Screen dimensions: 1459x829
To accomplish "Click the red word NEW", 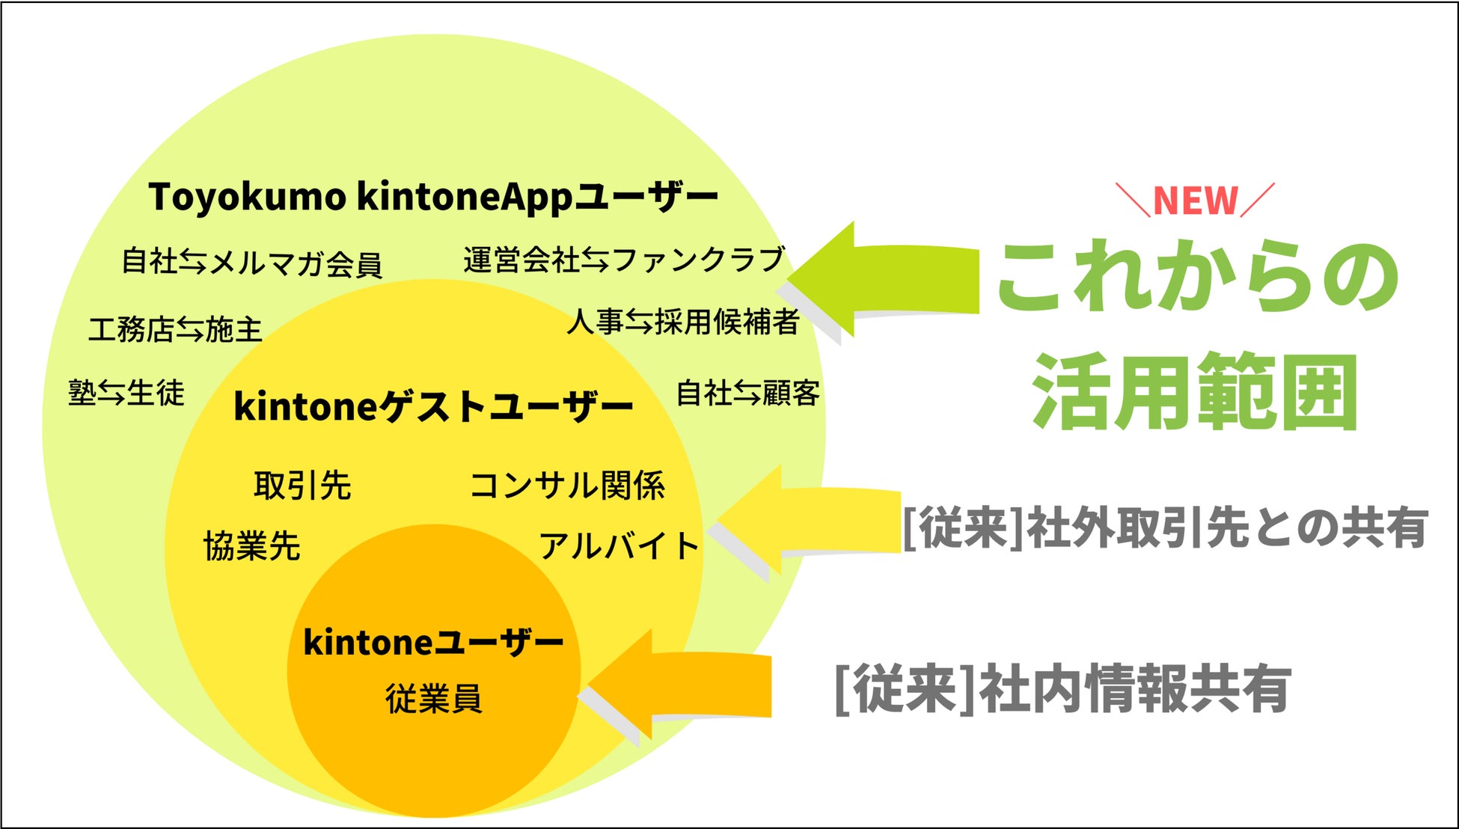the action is (1195, 201).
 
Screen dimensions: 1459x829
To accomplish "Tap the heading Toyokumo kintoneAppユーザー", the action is (433, 198).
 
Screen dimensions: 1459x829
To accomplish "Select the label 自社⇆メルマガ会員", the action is (252, 263).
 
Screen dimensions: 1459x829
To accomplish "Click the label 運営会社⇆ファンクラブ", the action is (624, 260).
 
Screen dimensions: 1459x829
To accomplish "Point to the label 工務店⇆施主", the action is (176, 329).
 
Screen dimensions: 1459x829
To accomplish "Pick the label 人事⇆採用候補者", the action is (683, 322).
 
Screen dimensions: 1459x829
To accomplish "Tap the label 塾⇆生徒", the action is (126, 393).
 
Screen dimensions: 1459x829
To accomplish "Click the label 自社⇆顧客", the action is (747, 393).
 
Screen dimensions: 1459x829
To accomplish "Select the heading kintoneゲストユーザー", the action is (433, 407).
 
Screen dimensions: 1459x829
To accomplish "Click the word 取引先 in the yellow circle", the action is (302, 485).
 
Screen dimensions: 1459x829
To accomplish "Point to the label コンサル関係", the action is (567, 485).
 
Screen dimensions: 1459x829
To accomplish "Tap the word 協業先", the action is (252, 546).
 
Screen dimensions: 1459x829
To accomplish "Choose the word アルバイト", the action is (620, 546).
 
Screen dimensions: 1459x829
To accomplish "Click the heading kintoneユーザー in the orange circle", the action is (433, 642).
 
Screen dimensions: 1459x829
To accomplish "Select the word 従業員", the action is (433, 699).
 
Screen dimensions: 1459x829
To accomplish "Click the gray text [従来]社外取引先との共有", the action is (1165, 528).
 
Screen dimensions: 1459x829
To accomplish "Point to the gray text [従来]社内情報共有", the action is (1062, 688).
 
